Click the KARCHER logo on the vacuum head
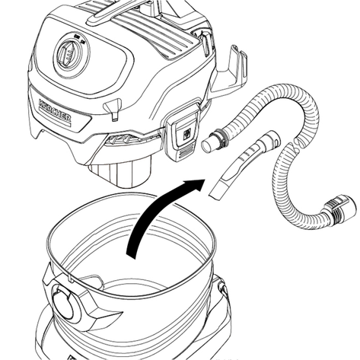point(55,111)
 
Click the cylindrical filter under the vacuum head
point(119,172)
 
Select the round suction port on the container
point(65,307)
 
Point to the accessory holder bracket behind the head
point(230,71)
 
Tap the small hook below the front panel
point(113,109)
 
